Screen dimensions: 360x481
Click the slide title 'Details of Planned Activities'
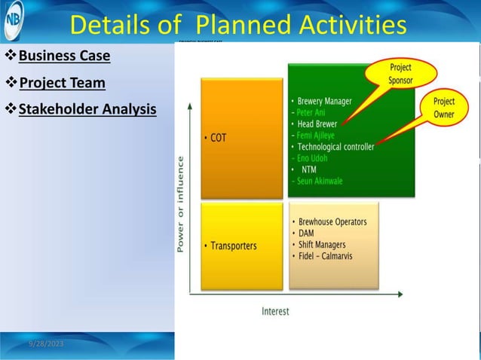coord(238,24)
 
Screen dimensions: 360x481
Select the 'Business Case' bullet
coord(64,56)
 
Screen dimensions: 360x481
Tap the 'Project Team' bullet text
coord(62,83)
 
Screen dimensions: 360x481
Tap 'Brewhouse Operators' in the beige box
coord(332,222)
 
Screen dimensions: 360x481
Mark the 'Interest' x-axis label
coord(275,311)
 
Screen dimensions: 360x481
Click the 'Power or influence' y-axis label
coord(181,203)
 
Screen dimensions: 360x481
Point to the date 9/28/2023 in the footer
coord(46,343)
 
